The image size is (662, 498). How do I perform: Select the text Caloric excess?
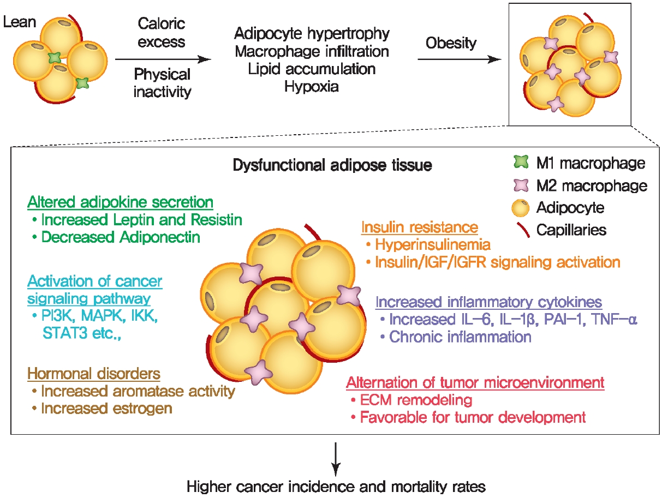(x=161, y=32)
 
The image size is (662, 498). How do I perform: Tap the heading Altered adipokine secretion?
(x=120, y=202)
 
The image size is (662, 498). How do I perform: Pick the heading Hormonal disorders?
(x=94, y=374)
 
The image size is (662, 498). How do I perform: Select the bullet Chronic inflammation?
(x=460, y=337)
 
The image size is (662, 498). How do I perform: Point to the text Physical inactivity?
(x=162, y=83)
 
